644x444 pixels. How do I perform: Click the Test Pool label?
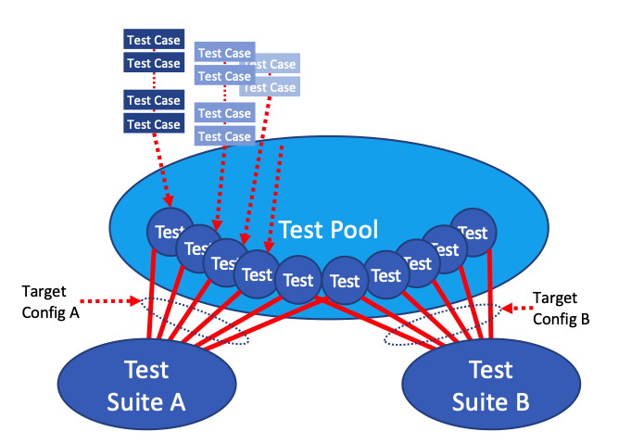tap(328, 230)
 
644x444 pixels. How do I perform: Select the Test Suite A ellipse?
tap(147, 385)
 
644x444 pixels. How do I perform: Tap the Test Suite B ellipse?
tap(490, 385)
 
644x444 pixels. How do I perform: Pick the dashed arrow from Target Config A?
tap(109, 301)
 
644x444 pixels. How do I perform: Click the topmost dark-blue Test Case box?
tap(154, 40)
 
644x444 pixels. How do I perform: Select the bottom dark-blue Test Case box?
tap(154, 124)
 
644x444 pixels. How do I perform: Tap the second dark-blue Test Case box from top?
tap(154, 63)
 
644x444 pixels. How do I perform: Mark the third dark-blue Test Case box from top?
tap(154, 100)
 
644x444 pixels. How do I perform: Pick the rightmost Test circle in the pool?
tap(473, 233)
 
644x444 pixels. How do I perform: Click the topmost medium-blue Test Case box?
tap(224, 54)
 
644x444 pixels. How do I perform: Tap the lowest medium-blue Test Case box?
tap(224, 136)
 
